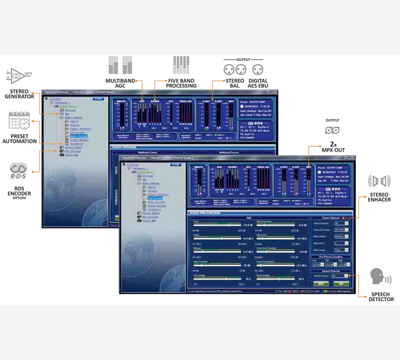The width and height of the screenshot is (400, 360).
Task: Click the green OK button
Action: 341,284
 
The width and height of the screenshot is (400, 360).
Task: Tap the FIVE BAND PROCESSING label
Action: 181,83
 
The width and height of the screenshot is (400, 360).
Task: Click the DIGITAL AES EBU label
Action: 258,83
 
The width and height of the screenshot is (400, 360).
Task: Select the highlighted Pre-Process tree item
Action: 156,198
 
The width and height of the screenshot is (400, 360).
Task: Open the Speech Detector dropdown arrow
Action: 346,276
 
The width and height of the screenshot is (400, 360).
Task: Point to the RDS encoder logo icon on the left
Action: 19,170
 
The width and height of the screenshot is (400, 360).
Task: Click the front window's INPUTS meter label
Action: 198,167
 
